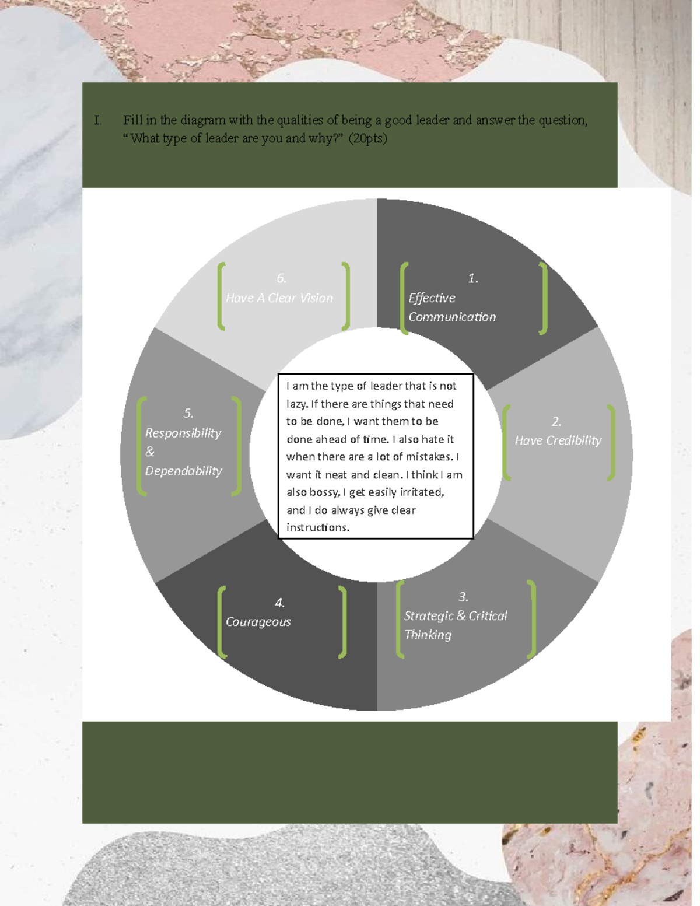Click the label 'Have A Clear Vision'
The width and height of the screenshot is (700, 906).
279,298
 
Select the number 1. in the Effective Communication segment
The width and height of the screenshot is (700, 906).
473,278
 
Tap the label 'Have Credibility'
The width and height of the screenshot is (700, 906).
558,440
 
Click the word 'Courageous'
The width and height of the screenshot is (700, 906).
258,622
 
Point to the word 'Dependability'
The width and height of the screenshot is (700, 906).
183,471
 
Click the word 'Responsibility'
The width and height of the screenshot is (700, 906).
183,433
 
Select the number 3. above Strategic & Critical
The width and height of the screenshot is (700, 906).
463,597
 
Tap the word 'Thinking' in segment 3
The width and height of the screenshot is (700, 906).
428,635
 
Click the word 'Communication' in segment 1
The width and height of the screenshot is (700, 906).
452,317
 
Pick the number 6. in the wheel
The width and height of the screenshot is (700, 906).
281,278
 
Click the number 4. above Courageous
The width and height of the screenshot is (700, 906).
280,603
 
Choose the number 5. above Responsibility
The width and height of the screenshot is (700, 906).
188,413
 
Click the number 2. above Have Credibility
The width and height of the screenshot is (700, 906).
556,422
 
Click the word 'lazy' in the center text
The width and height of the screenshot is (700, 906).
295,404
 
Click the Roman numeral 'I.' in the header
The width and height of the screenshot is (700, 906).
98,121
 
